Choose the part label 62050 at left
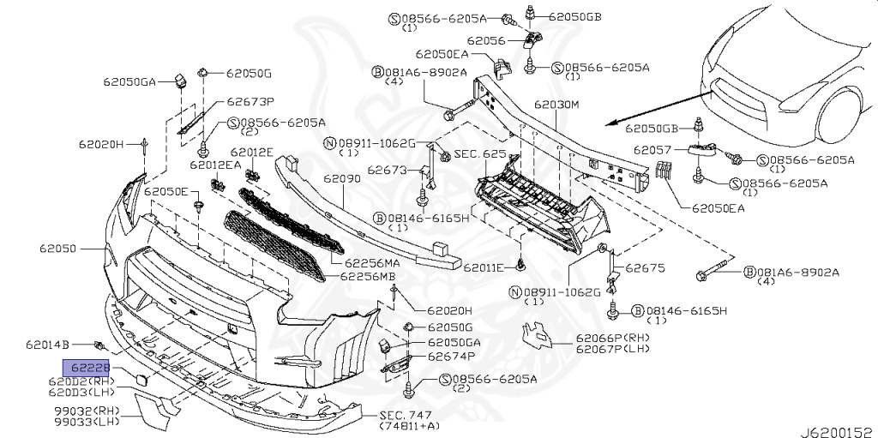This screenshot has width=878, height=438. [x=57, y=249]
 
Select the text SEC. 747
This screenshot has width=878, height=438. [x=408, y=415]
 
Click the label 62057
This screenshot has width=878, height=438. [x=655, y=149]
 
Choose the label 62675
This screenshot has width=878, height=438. [x=645, y=267]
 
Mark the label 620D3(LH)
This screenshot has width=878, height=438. [x=82, y=392]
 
